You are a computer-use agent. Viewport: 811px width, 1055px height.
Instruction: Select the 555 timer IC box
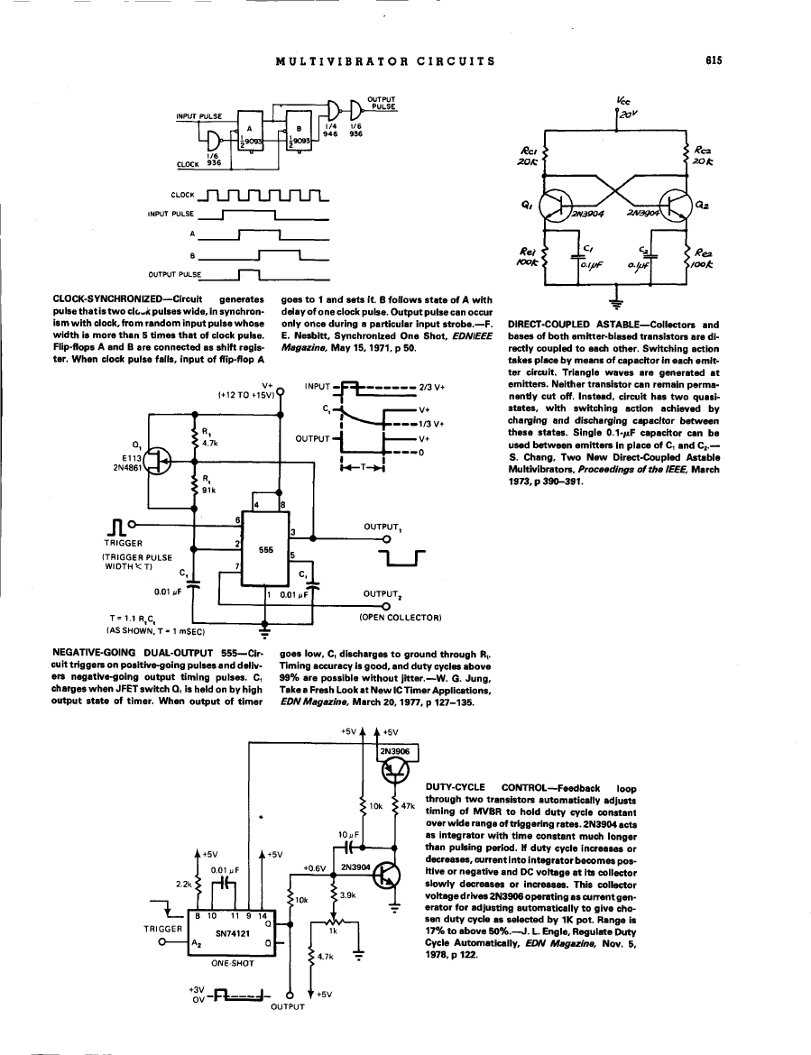click(266, 549)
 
